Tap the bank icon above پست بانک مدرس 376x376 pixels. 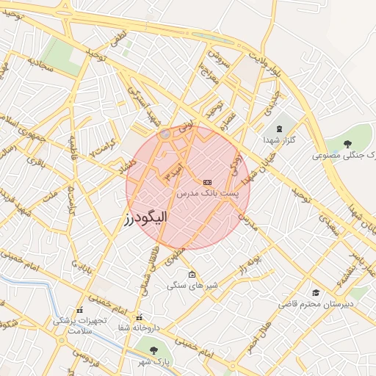[x=207, y=181]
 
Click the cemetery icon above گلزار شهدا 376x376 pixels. [x=278, y=129]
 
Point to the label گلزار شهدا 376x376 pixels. [x=279, y=139]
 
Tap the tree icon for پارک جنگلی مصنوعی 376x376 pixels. [x=347, y=144]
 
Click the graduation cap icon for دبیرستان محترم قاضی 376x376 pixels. [x=316, y=292]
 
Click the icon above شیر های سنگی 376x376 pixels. [x=192, y=275]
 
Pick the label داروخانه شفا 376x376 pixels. [x=138, y=328]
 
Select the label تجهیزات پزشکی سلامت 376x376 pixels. [x=79, y=325]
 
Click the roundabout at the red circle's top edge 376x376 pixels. [x=166, y=134]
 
